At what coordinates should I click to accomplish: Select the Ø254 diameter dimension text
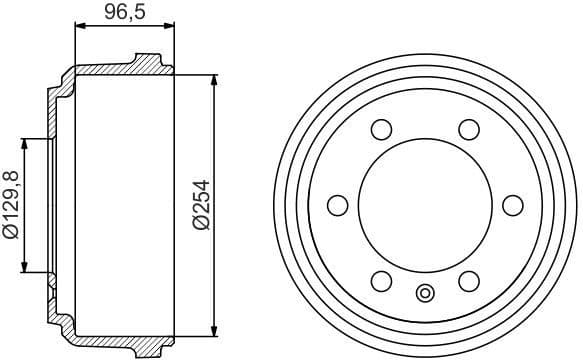pyautogui.click(x=201, y=205)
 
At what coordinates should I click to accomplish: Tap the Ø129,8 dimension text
pyautogui.click(x=11, y=206)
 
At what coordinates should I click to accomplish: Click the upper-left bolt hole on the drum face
pyautogui.click(x=381, y=129)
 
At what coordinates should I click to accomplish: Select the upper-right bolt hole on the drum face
pyautogui.click(x=469, y=129)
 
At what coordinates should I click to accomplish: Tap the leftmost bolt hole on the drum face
pyautogui.click(x=338, y=205)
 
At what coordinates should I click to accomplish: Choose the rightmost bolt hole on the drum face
pyautogui.click(x=513, y=205)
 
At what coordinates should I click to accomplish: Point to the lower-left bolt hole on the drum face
pyautogui.click(x=381, y=281)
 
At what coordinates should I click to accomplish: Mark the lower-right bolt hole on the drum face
pyautogui.click(x=469, y=281)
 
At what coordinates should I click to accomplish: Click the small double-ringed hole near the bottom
pyautogui.click(x=425, y=294)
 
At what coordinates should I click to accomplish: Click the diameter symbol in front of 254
pyautogui.click(x=201, y=226)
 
